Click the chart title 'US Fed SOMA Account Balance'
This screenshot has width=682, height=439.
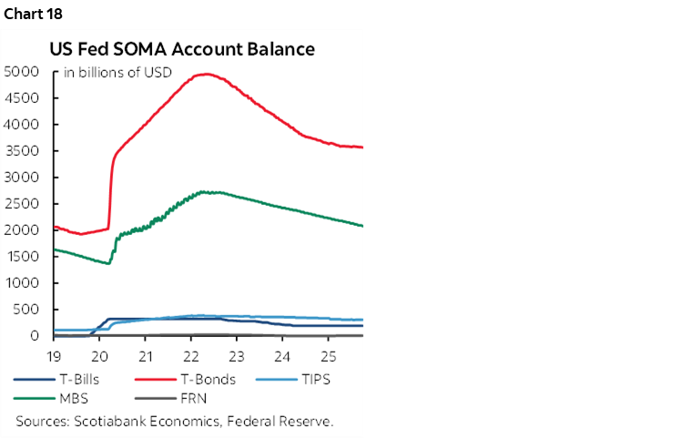click(x=183, y=49)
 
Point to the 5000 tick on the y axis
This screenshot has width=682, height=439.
click(x=21, y=72)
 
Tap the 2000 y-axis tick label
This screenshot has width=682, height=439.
click(x=21, y=230)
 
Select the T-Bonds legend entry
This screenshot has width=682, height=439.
click(x=201, y=379)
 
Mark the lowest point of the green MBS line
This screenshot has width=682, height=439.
click(x=109, y=263)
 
